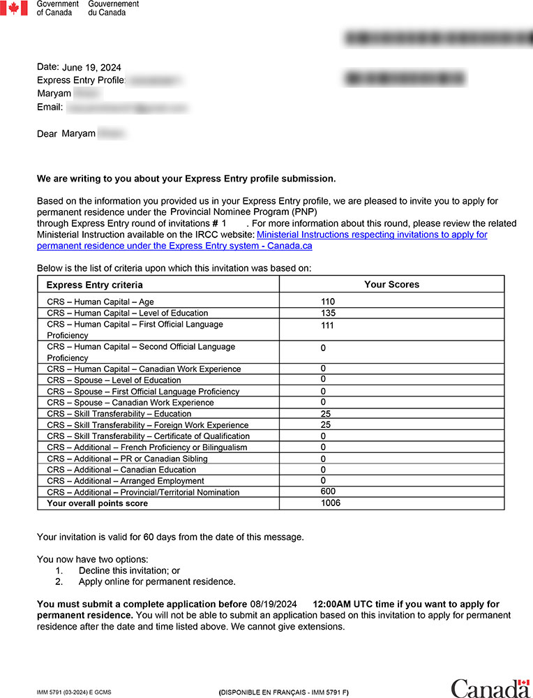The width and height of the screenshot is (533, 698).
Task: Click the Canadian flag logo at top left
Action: tap(13, 8)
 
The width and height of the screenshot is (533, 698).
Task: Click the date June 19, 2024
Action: tap(91, 68)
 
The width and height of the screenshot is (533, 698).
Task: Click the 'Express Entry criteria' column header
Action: tap(94, 285)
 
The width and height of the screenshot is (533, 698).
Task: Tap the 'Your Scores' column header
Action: tap(391, 284)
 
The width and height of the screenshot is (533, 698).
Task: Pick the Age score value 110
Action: tap(328, 302)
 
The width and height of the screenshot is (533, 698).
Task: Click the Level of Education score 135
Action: tap(328, 313)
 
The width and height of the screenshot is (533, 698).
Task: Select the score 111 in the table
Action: tap(328, 325)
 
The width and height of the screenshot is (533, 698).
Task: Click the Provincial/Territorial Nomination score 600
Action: tap(328, 491)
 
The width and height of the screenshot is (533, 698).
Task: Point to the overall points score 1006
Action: tap(331, 503)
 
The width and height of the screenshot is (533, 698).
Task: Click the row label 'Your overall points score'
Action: tap(97, 503)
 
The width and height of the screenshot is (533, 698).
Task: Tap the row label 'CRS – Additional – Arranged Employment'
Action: tap(126, 481)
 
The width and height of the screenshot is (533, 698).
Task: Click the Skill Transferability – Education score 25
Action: tap(326, 414)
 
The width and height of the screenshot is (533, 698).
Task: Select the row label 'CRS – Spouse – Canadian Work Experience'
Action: tap(130, 403)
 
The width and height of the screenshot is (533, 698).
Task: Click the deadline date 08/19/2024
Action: tap(273, 604)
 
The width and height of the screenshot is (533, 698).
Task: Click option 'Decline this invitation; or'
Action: tap(129, 570)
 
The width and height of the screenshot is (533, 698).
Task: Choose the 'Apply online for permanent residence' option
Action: tap(157, 581)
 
